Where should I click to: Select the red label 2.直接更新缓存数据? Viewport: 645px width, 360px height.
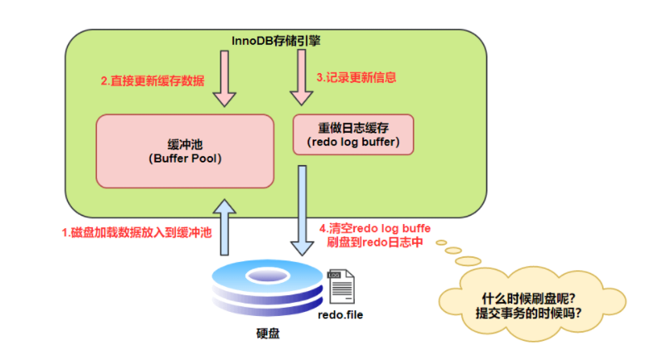[153, 81]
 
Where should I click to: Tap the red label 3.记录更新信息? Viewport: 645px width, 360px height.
[356, 77]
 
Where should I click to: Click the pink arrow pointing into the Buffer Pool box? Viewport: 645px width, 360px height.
[225, 78]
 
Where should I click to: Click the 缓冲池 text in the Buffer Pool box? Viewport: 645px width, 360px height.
[184, 142]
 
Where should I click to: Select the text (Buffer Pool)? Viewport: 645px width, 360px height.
[184, 157]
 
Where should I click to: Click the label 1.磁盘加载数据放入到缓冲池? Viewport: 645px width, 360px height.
[137, 233]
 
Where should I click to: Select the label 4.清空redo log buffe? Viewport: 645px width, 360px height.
[375, 228]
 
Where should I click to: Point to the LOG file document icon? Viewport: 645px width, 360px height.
[340, 287]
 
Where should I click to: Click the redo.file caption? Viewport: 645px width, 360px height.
[340, 315]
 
